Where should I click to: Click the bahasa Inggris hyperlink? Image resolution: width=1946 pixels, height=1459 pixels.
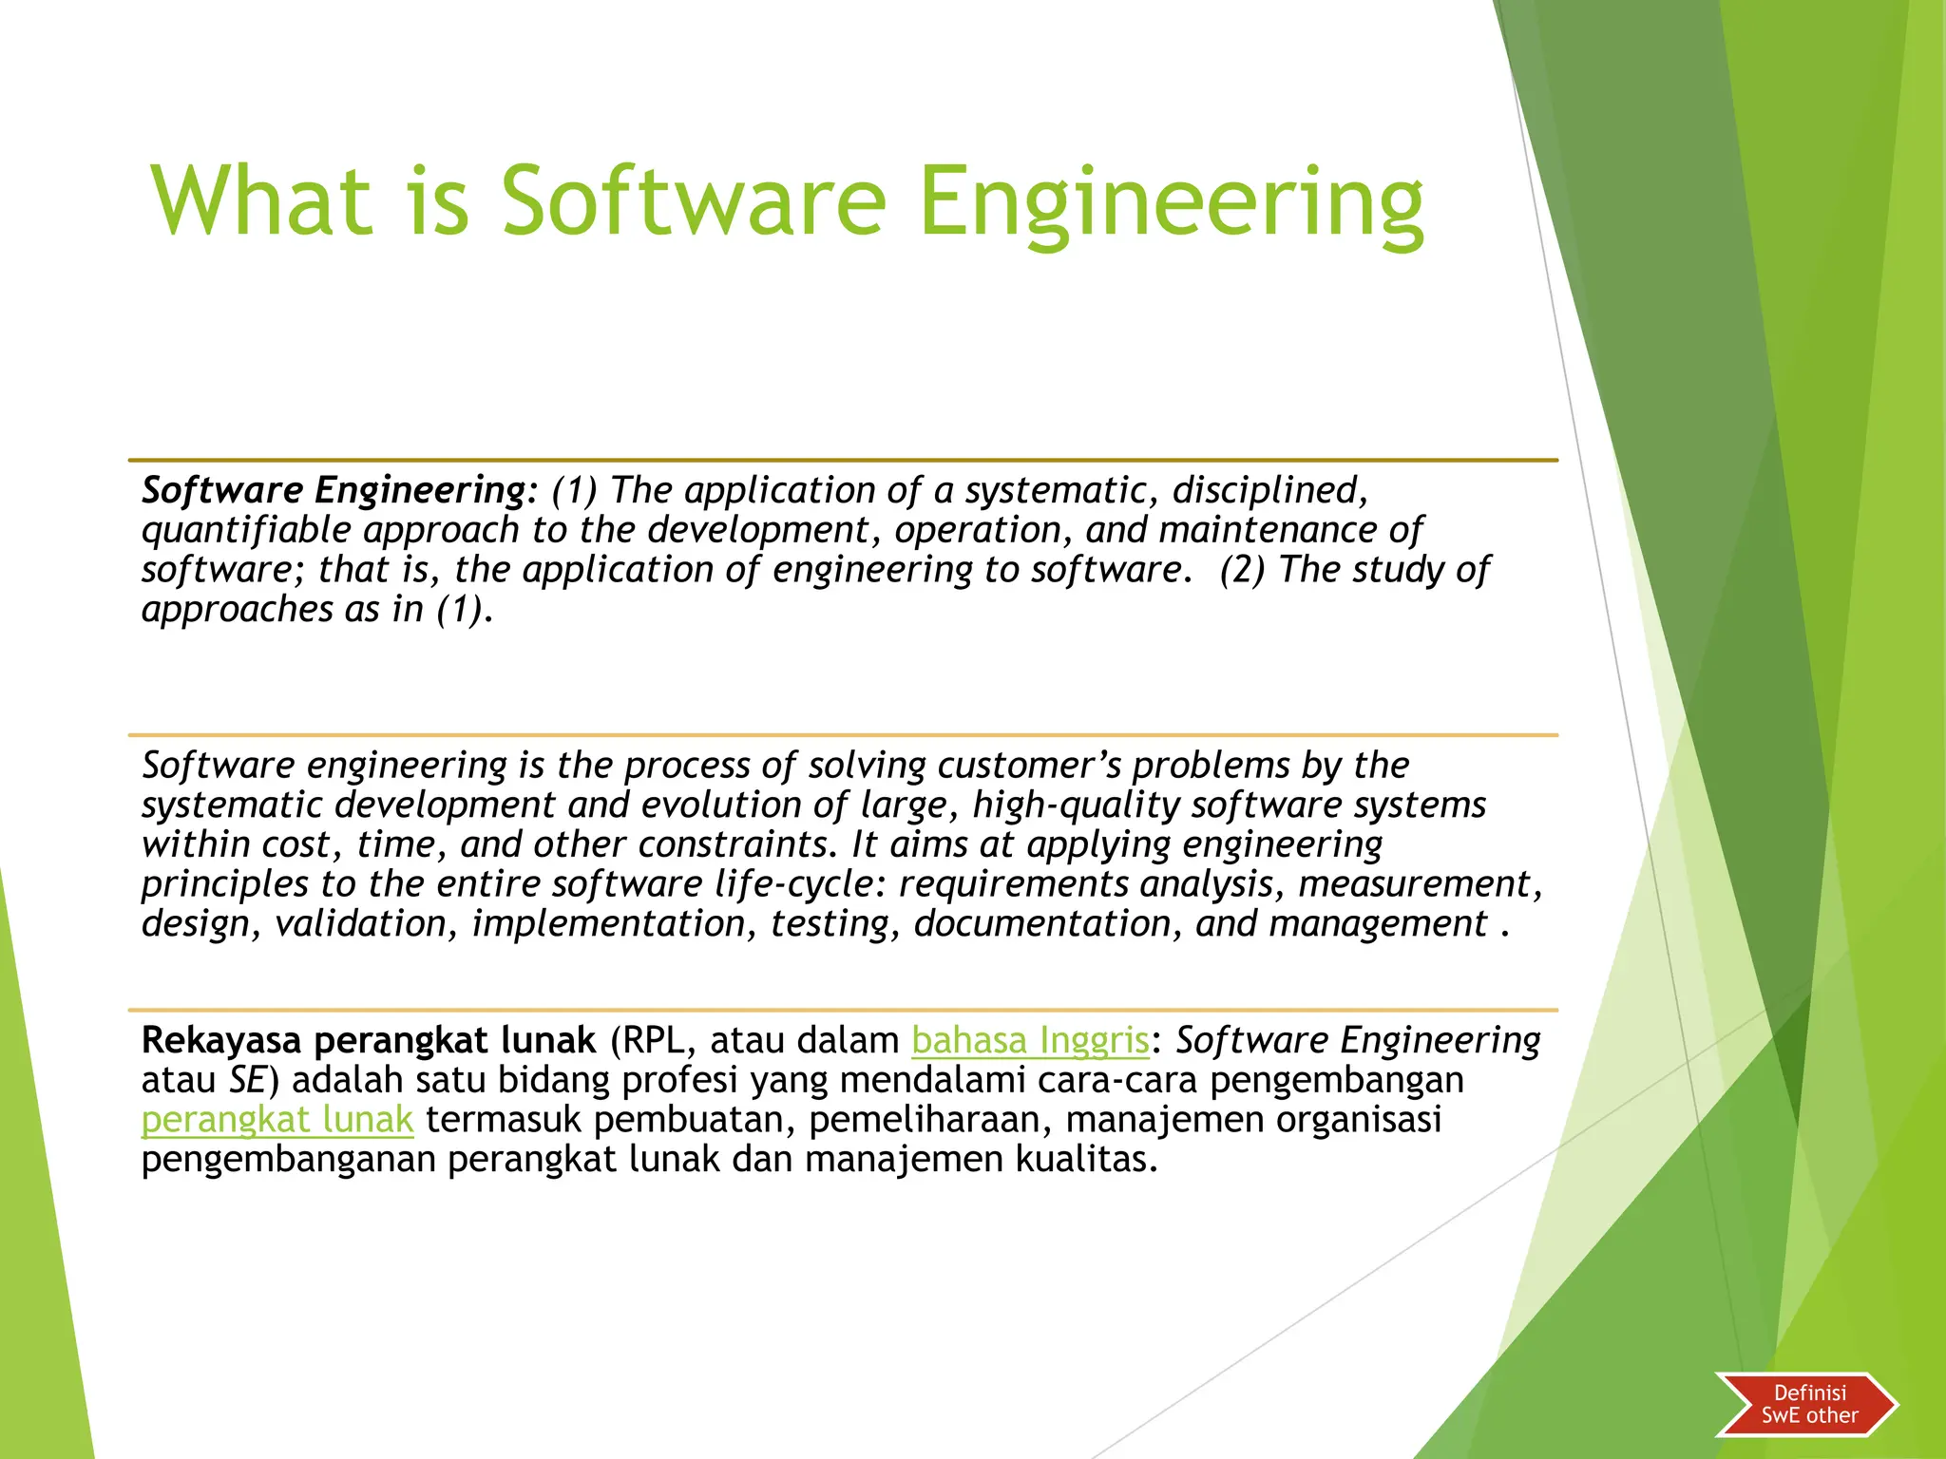click(1030, 1041)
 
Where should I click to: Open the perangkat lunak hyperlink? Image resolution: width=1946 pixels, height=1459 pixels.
click(277, 1121)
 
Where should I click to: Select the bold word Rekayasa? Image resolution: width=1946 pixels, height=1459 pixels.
click(220, 1041)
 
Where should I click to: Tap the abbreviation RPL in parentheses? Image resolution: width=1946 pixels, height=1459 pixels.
click(653, 1041)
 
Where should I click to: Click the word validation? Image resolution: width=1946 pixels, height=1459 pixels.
click(360, 924)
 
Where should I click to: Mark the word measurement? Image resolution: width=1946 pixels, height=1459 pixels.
click(1415, 884)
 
